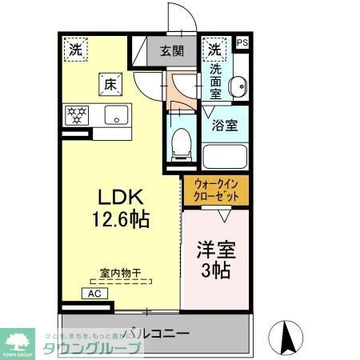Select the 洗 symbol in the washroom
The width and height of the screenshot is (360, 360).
214,49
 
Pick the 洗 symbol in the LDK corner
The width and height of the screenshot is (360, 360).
74,49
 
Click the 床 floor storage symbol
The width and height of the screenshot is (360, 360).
109,82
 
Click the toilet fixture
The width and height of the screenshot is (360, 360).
181,143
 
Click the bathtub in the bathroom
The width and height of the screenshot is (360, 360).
225,154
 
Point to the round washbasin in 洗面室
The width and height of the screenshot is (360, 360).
238,89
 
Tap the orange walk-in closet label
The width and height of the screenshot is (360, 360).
216,191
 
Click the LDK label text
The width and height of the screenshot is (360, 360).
121,197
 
